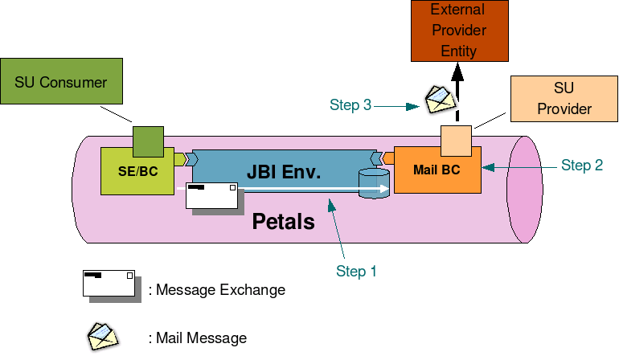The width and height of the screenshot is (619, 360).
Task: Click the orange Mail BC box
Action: tap(437, 170)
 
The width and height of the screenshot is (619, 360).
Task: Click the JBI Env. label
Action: tap(284, 171)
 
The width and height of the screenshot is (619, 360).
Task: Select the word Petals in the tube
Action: tap(283, 222)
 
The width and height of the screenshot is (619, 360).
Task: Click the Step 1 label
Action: tap(356, 272)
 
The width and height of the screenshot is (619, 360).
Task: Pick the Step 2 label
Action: tap(581, 166)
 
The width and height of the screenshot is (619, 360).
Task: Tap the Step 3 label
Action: tap(350, 104)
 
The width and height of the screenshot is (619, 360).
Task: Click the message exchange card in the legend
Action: tap(109, 285)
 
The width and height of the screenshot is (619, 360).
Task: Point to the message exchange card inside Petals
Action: tap(213, 196)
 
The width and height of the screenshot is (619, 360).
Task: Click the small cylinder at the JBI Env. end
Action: tap(373, 183)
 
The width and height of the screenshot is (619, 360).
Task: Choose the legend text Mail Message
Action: tap(198, 338)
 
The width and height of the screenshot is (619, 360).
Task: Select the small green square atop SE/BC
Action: tap(148, 141)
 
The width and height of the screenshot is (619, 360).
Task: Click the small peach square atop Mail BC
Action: tap(456, 141)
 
